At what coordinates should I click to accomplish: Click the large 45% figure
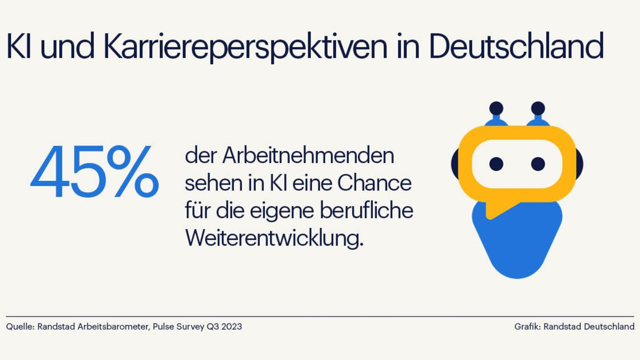94,173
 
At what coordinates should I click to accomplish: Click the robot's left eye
496,163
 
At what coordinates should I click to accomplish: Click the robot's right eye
538,163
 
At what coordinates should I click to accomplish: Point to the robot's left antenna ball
496,108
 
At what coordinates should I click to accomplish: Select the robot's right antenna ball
538,108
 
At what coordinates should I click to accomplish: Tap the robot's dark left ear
455,163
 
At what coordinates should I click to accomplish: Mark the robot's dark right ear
579,163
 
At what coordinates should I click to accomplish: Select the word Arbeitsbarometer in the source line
109,326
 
